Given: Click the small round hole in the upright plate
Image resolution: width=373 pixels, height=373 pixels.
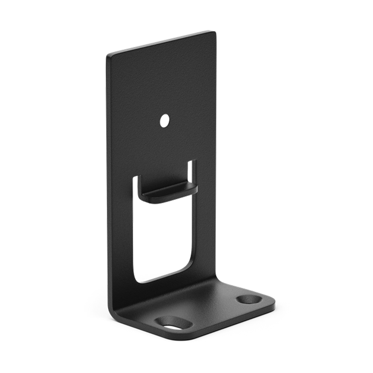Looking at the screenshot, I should [164, 121].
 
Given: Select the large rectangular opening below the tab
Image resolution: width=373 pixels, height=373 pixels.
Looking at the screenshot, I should [163, 238].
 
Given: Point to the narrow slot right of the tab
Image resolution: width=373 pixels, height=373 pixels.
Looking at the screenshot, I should [191, 173].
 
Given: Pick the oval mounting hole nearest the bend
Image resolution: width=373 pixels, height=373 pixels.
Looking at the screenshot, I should [173, 322].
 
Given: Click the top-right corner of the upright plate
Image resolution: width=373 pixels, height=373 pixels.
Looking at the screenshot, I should [214, 33].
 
